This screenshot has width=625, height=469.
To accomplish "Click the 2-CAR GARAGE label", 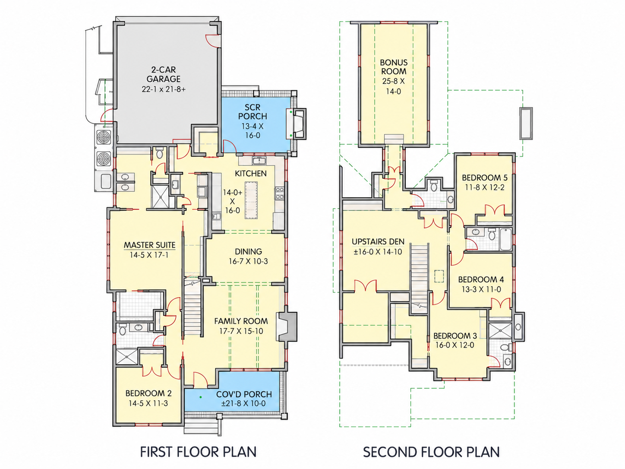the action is [164, 74].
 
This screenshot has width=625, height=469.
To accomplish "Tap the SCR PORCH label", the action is [253, 112].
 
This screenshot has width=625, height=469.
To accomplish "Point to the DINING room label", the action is [248, 251].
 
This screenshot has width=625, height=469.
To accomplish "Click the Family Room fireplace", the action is [287, 326].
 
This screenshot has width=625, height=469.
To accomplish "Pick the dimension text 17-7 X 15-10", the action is [241, 331].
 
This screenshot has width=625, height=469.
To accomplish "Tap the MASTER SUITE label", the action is [149, 245].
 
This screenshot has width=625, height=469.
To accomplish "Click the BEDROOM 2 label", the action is [148, 393].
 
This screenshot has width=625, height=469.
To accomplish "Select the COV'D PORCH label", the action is [244, 394].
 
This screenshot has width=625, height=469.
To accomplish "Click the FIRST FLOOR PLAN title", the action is [198, 452].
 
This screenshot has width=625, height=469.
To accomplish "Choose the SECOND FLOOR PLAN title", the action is [431, 452].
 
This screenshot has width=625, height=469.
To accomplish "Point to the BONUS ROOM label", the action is [394, 67].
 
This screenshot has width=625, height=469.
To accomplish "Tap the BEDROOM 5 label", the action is [485, 177].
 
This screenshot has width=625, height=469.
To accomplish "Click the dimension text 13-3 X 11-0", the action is [481, 290].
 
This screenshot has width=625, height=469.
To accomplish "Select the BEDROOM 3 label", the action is [455, 336].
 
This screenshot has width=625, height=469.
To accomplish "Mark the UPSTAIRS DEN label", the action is [378, 242].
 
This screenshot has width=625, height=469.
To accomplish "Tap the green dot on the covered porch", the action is [201, 397].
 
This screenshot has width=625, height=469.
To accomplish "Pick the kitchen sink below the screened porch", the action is [259, 161].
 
